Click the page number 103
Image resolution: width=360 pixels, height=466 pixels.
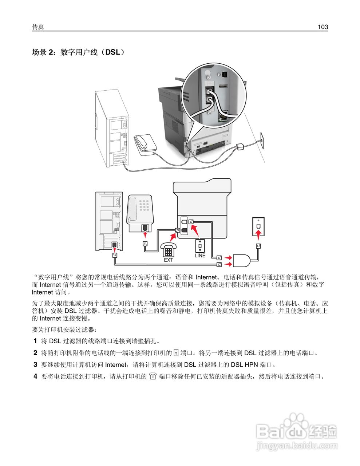tap(323, 27)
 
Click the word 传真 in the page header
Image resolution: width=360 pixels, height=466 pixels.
tap(38, 27)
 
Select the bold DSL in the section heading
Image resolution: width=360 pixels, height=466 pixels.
tap(112, 52)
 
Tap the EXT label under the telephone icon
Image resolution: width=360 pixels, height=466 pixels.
tap(168, 260)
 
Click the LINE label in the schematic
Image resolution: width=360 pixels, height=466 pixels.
tap(200, 256)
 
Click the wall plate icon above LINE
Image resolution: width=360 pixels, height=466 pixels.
tap(200, 246)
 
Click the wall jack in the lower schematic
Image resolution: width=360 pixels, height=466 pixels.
tap(258, 226)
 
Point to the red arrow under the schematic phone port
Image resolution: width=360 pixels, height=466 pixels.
tap(145, 236)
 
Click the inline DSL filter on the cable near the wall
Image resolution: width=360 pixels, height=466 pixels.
tap(240, 147)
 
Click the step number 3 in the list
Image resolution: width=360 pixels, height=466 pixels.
tap(35, 364)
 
